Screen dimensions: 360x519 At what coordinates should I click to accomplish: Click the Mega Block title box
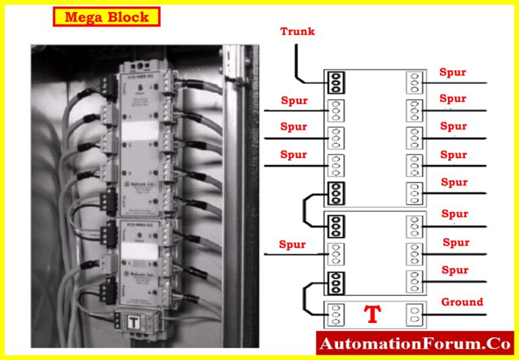pos(106,17)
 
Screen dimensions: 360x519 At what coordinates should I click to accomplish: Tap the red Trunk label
pos(297,32)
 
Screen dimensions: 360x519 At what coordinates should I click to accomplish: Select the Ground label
pos(462,302)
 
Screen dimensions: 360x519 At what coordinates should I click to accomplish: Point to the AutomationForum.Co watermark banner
pos(414,344)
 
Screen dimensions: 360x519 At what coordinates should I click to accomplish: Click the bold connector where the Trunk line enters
pos(335,82)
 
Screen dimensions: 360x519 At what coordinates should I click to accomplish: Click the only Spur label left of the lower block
pos(293,245)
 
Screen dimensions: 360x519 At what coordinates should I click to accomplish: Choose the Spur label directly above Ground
pos(454,270)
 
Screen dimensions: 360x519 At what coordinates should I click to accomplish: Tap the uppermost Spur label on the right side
pos(453,72)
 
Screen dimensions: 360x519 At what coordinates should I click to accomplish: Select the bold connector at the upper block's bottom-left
pos(335,193)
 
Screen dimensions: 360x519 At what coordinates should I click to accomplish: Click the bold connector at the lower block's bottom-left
pos(335,282)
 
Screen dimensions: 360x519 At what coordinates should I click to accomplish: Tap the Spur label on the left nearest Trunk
pos(294,101)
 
